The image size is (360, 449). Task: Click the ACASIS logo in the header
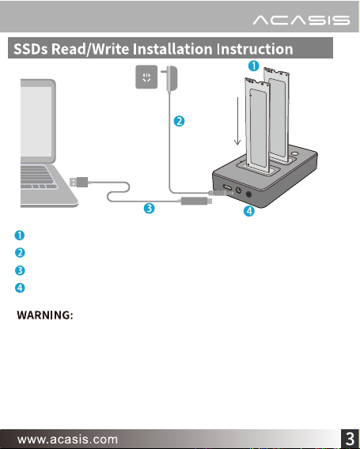301,21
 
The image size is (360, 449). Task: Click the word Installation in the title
172,49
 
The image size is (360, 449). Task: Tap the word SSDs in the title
31,49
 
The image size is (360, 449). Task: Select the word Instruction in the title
255,49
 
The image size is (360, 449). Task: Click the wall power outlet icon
146,77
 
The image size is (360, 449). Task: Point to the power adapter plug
170,79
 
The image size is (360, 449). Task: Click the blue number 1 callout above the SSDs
254,66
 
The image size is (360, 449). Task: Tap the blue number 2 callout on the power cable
179,121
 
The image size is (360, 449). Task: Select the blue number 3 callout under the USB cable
149,208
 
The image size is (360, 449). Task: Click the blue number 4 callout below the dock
249,211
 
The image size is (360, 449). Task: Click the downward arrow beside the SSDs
237,121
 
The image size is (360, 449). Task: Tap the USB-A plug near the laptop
79,182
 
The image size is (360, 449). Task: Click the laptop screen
36,122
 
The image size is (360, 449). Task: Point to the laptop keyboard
37,177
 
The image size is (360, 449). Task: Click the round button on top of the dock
294,153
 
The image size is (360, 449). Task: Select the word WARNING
45,315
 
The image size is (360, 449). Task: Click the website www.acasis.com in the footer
67,440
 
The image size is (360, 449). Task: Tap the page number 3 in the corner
350,439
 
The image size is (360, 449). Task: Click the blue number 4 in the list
20,288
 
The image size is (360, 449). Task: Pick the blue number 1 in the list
20,236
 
